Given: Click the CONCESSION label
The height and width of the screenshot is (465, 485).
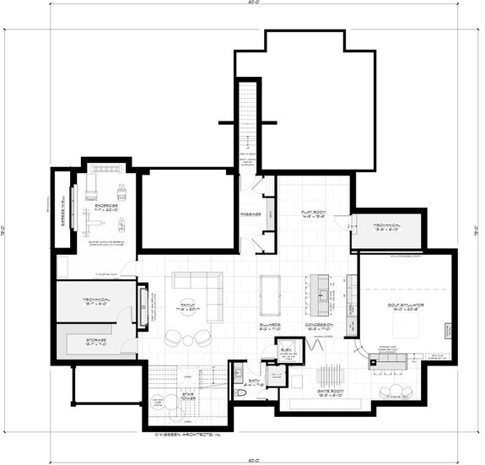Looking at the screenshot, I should click(321, 324).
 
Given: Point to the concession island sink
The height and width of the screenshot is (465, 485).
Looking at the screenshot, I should click(321, 295).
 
